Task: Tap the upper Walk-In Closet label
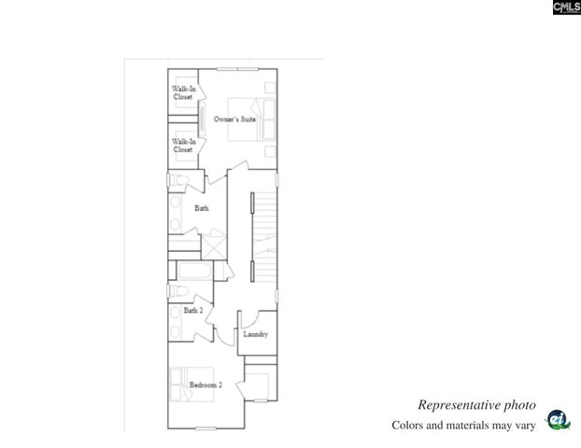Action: (x=182, y=92)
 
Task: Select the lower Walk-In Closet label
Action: (x=182, y=146)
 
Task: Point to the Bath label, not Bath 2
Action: (x=202, y=208)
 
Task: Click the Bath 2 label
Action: (x=193, y=310)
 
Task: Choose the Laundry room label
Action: (x=256, y=334)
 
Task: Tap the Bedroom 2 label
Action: (x=205, y=385)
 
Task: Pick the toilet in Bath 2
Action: (x=176, y=291)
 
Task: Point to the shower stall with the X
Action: (x=213, y=247)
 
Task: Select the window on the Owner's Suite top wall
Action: (x=237, y=69)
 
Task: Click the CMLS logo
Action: (x=566, y=7)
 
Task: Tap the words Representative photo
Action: (x=476, y=405)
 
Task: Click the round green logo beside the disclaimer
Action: (x=558, y=421)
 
